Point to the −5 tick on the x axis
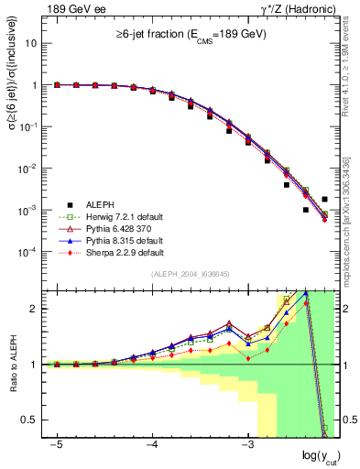(x=56, y=444)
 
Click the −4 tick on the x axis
(x=151, y=444)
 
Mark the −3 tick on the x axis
(x=246, y=444)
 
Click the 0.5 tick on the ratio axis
(x=31, y=420)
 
